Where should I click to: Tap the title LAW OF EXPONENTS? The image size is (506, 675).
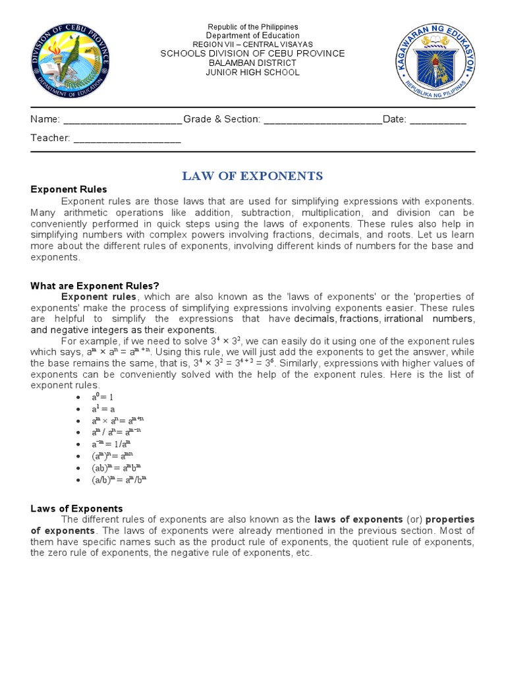click(x=252, y=175)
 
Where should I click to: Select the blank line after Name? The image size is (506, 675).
click(x=122, y=120)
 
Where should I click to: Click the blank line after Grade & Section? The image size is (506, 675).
click(x=322, y=120)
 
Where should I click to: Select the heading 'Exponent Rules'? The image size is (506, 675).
click(x=69, y=190)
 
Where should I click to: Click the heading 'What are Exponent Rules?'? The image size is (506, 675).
click(x=95, y=286)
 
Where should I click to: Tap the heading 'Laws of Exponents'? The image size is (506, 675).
click(x=76, y=509)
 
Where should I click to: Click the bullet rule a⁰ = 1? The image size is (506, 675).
click(x=103, y=397)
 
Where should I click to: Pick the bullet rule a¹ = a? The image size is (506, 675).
click(x=103, y=409)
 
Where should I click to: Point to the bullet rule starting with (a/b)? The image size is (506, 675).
click(x=119, y=480)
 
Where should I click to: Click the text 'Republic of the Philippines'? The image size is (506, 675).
click(x=253, y=27)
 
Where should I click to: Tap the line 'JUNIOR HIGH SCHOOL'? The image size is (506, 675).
click(x=253, y=73)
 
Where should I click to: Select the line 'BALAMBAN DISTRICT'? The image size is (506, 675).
click(x=253, y=63)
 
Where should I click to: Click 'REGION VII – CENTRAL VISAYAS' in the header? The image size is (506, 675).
click(x=253, y=44)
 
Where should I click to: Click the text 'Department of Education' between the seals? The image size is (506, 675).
click(x=253, y=36)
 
